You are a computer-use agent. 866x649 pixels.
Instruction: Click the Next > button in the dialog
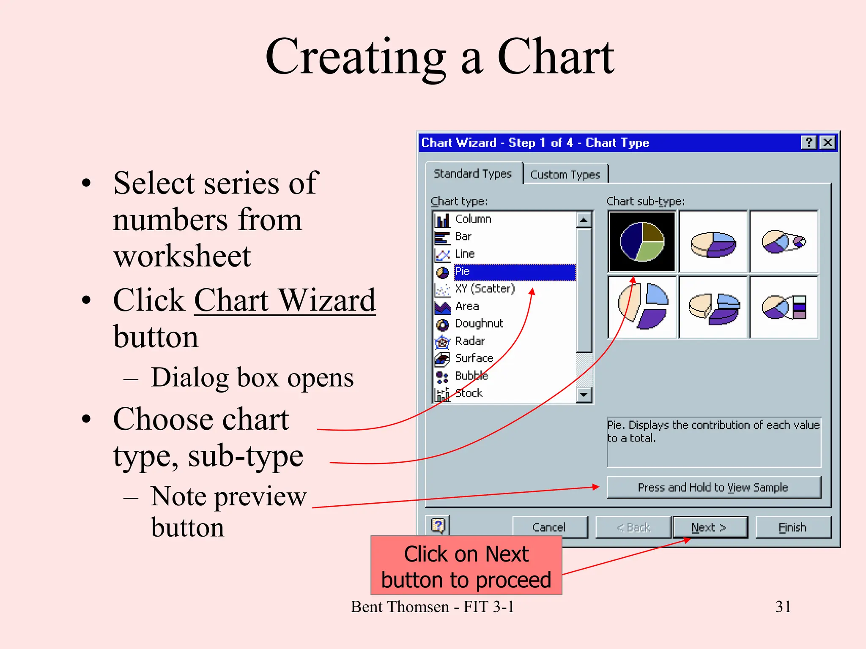pyautogui.click(x=710, y=527)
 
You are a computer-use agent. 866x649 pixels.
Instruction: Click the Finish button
pyautogui.click(x=792, y=527)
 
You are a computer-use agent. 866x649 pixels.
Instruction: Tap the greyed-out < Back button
pyautogui.click(x=633, y=527)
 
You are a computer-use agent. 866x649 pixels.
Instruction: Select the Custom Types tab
pyautogui.click(x=565, y=175)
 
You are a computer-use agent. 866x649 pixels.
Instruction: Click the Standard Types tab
pyautogui.click(x=473, y=174)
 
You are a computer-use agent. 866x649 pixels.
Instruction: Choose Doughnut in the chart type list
pyautogui.click(x=479, y=324)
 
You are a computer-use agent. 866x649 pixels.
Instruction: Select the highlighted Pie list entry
pyautogui.click(x=514, y=271)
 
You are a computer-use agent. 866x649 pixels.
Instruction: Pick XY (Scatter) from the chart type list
pyautogui.click(x=485, y=289)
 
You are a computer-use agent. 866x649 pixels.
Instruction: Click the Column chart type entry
pyautogui.click(x=473, y=219)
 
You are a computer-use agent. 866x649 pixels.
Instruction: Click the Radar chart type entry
pyautogui.click(x=469, y=341)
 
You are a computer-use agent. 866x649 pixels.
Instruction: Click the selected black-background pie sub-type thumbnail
pyautogui.click(x=642, y=242)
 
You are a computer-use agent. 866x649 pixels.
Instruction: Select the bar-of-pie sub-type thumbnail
pyautogui.click(x=784, y=307)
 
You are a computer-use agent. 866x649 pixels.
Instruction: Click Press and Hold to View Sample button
pyautogui.click(x=713, y=488)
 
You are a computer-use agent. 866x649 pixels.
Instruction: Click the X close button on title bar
pyautogui.click(x=828, y=142)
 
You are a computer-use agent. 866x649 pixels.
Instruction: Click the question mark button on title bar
pyautogui.click(x=808, y=142)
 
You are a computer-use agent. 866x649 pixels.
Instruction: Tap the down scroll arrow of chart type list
pyautogui.click(x=584, y=395)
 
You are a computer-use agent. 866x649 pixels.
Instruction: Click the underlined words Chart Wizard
pyautogui.click(x=285, y=300)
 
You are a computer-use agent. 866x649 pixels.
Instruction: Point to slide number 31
pyautogui.click(x=783, y=607)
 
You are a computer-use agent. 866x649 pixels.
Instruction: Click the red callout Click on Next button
pyautogui.click(x=466, y=566)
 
